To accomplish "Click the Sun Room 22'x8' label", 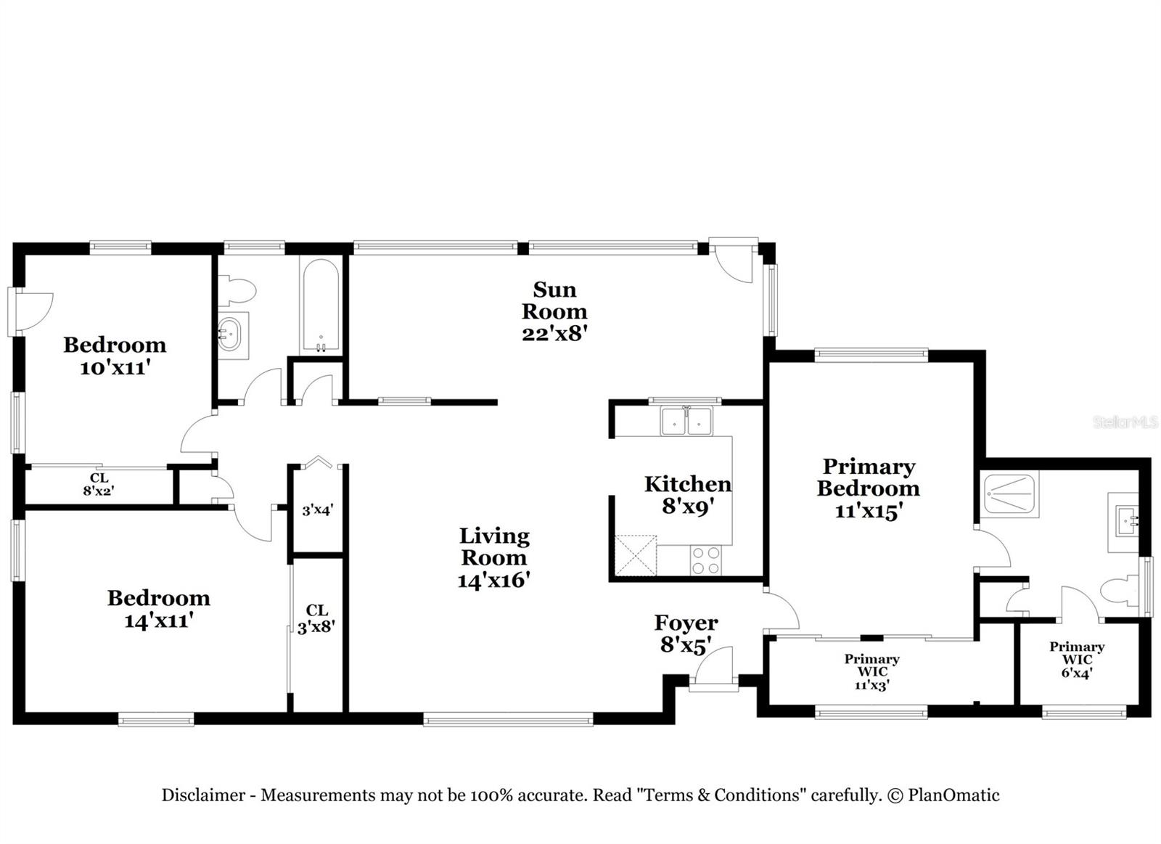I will pyautogui.click(x=554, y=311).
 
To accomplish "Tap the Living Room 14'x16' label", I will pyautogui.click(x=494, y=557).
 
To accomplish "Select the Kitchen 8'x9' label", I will pyautogui.click(x=687, y=494).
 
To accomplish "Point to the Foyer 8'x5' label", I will pyautogui.click(x=686, y=633).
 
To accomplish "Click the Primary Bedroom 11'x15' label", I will pyautogui.click(x=868, y=488).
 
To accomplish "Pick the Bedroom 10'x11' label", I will pyautogui.click(x=115, y=356).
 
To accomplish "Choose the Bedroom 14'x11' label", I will pyautogui.click(x=158, y=609).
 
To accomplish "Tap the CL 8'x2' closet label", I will pyautogui.click(x=99, y=484).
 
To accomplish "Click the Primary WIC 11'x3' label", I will pyautogui.click(x=871, y=671).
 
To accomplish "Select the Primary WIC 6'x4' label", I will pyautogui.click(x=1077, y=659).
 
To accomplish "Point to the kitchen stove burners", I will pyautogui.click(x=705, y=560).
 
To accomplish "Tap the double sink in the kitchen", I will pyautogui.click(x=686, y=422).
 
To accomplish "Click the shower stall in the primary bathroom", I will pyautogui.click(x=1010, y=494).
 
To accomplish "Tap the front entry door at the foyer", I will pyautogui.click(x=713, y=665).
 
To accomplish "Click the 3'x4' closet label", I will pyautogui.click(x=317, y=510).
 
